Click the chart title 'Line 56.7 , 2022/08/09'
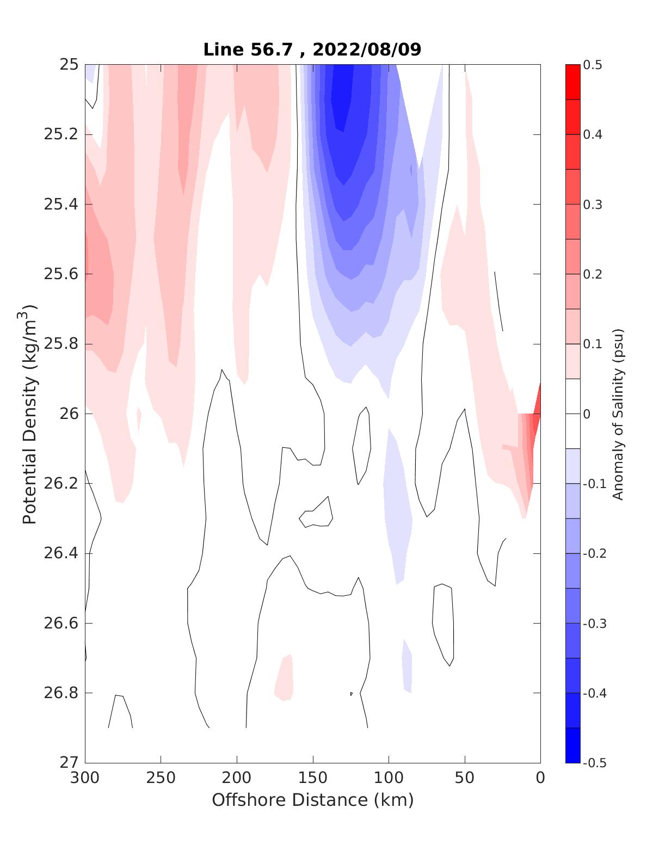pyautogui.click(x=312, y=50)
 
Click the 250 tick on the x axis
pyautogui.click(x=161, y=778)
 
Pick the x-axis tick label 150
pyautogui.click(x=313, y=778)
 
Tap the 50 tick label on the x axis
pyautogui.click(x=465, y=778)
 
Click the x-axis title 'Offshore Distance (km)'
pyautogui.click(x=312, y=800)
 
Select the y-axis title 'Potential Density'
pyautogui.click(x=29, y=414)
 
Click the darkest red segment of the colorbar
pyautogui.click(x=572, y=82)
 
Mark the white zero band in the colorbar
pyautogui.click(x=572, y=414)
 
